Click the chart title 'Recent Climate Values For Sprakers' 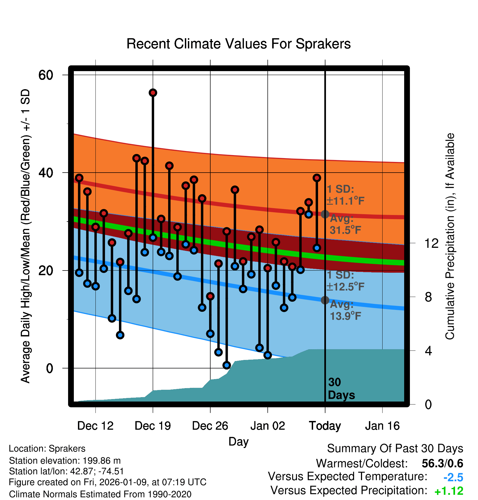tap(238, 44)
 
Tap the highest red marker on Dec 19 tap(153, 93)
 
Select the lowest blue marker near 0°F tap(226, 365)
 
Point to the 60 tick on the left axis tap(46, 75)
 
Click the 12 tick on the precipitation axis tap(431, 243)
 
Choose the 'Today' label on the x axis tap(325, 426)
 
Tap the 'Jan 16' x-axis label tap(382, 426)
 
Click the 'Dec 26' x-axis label tap(210, 426)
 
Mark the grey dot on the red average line tap(325, 214)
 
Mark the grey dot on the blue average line tap(325, 300)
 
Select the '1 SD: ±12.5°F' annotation tap(345, 281)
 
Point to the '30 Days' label tap(341, 389)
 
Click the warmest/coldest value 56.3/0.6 tap(442, 463)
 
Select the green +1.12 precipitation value tap(449, 491)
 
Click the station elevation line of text tap(65, 461)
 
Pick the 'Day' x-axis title tap(238, 441)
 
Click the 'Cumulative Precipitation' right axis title tap(450, 236)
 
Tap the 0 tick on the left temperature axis tap(49, 368)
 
